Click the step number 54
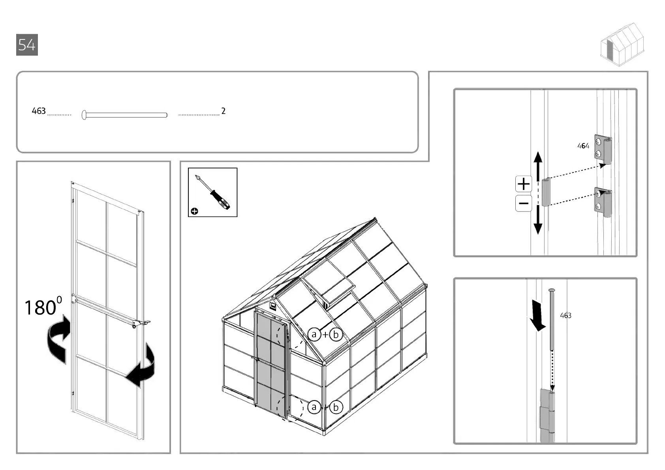[x=27, y=45]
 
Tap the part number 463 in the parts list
[x=39, y=111]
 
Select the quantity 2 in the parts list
[x=224, y=111]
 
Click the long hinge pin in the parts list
[x=125, y=115]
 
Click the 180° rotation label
[x=43, y=307]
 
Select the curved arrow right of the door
[x=142, y=365]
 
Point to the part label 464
[x=583, y=146]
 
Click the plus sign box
[x=524, y=184]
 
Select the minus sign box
[x=524, y=204]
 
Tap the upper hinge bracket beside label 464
[x=603, y=150]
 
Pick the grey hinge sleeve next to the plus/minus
[x=546, y=192]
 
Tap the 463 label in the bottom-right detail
[x=565, y=315]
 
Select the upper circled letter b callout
[x=336, y=335]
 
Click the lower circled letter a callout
[x=314, y=407]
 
